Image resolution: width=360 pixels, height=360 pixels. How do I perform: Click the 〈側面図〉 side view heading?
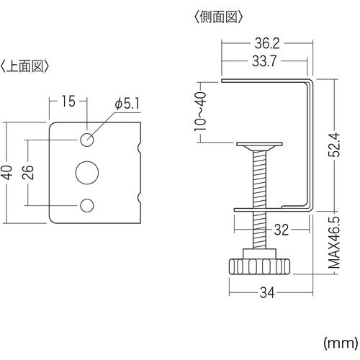tap(218, 15)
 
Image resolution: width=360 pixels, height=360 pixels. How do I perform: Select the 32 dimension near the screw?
tap(281, 231)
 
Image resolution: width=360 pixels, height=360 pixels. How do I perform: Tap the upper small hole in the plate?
tap(87, 138)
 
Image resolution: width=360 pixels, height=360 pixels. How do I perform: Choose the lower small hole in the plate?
tap(87, 205)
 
